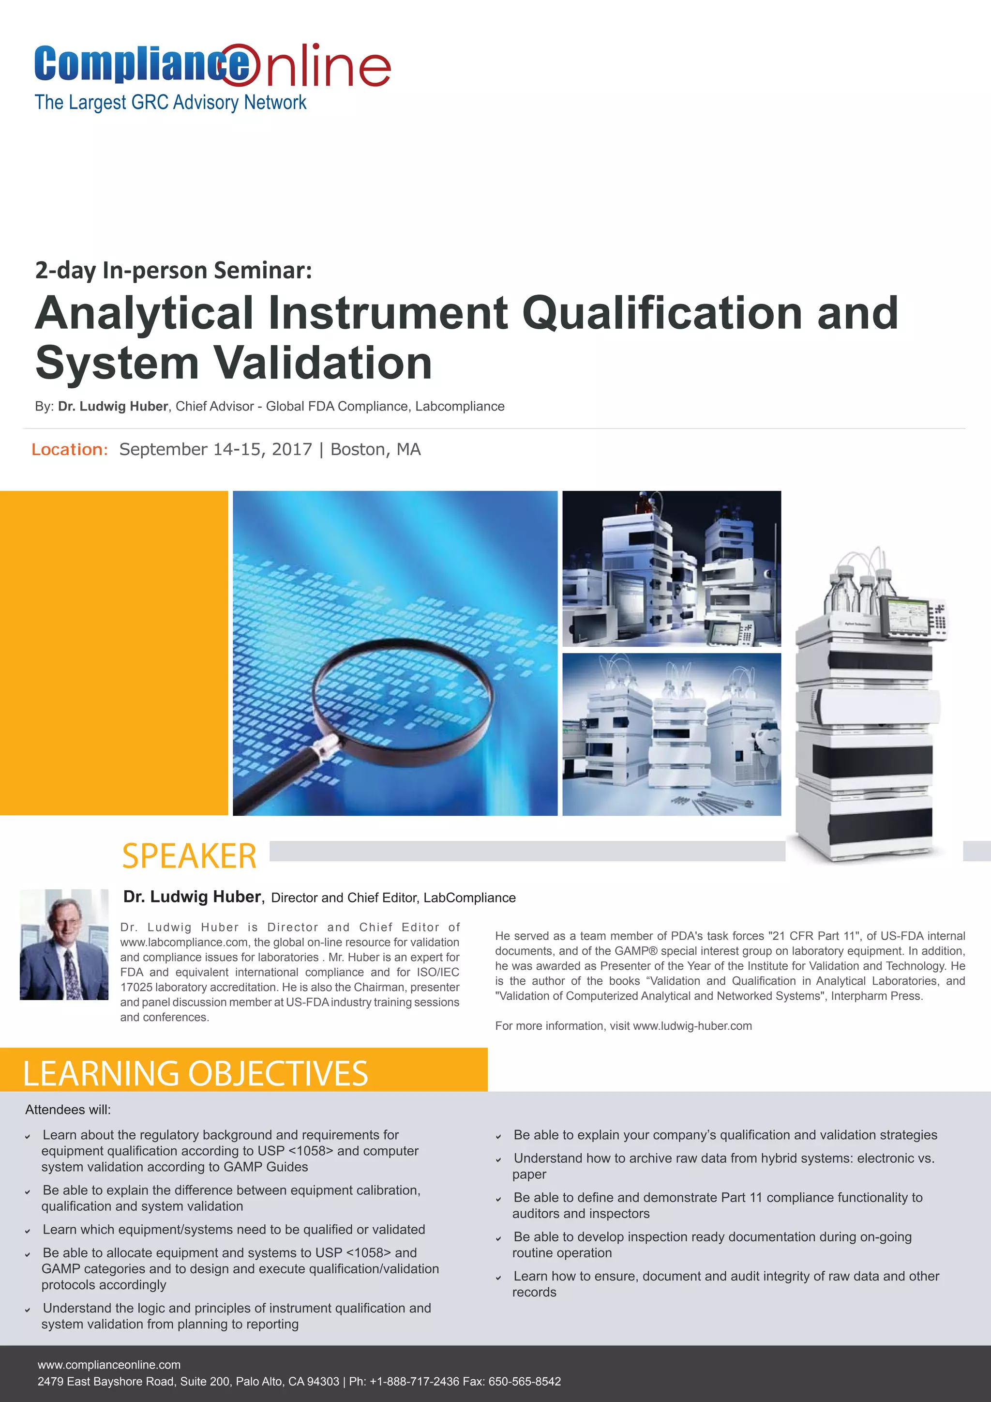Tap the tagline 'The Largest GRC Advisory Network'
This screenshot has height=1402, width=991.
170,102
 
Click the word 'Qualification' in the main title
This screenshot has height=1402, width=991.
662,313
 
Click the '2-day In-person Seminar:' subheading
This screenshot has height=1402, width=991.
173,270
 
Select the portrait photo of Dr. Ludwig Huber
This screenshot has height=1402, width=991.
64,944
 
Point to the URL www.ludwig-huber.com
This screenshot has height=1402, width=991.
692,1026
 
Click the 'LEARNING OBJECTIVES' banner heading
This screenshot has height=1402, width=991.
195,1073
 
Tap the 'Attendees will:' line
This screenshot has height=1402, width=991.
68,1110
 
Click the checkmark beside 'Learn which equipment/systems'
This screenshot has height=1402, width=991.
28,1231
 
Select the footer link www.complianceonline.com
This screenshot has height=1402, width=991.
108,1365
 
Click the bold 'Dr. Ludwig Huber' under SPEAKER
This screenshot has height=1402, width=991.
192,897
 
